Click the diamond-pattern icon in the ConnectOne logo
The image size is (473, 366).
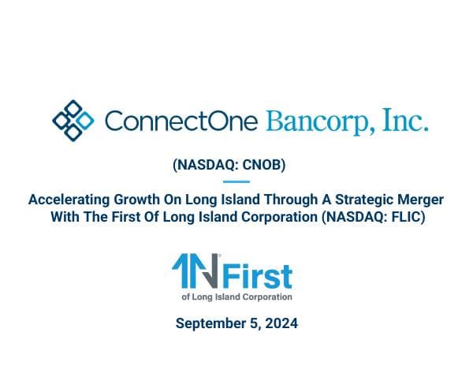pyautogui.click(x=72, y=120)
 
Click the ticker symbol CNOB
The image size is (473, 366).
pyautogui.click(x=266, y=167)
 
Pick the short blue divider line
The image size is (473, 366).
pyautogui.click(x=236, y=183)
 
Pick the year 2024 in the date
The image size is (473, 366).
pyautogui.click(x=281, y=323)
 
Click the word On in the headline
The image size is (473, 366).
pyautogui.click(x=167, y=200)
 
